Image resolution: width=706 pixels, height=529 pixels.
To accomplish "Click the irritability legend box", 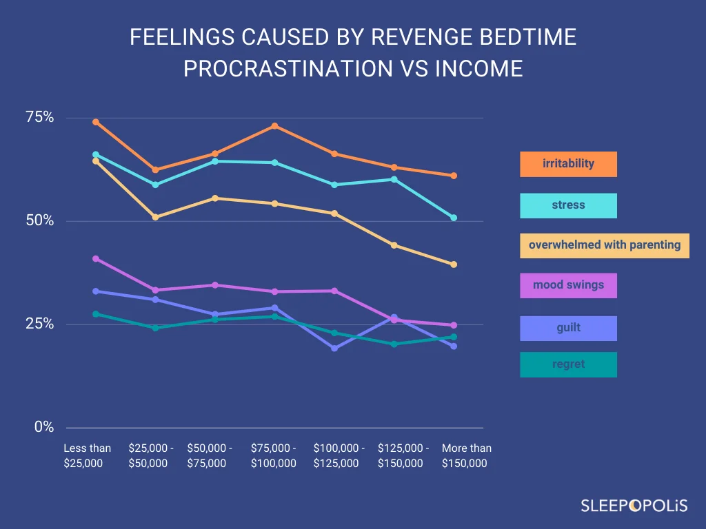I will click(x=568, y=164).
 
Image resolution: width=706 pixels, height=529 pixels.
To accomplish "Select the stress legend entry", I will click(x=568, y=205).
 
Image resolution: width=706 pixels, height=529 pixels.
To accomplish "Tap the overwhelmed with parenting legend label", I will click(x=604, y=245).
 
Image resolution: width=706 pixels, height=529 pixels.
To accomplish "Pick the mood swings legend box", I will click(x=568, y=285).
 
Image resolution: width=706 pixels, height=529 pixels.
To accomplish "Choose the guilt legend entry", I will click(x=568, y=328).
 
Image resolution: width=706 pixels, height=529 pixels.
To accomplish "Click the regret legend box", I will click(x=568, y=364).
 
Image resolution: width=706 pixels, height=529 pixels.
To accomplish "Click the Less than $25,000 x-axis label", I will click(x=87, y=455).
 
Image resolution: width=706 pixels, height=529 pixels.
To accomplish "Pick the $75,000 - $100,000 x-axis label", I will click(x=274, y=455).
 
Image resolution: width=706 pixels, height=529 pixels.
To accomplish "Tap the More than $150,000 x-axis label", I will click(x=466, y=455).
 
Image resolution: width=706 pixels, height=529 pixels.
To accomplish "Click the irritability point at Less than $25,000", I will click(x=96, y=122).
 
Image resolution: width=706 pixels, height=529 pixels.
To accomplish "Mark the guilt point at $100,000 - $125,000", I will click(x=334, y=348).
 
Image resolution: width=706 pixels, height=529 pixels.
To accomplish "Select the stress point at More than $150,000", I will click(x=454, y=218).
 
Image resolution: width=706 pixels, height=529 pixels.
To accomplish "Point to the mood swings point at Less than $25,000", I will click(x=96, y=258).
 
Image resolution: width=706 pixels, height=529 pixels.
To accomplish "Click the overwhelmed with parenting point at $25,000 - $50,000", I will click(x=155, y=217).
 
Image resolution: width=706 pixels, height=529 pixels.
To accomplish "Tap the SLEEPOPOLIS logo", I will click(x=633, y=506).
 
